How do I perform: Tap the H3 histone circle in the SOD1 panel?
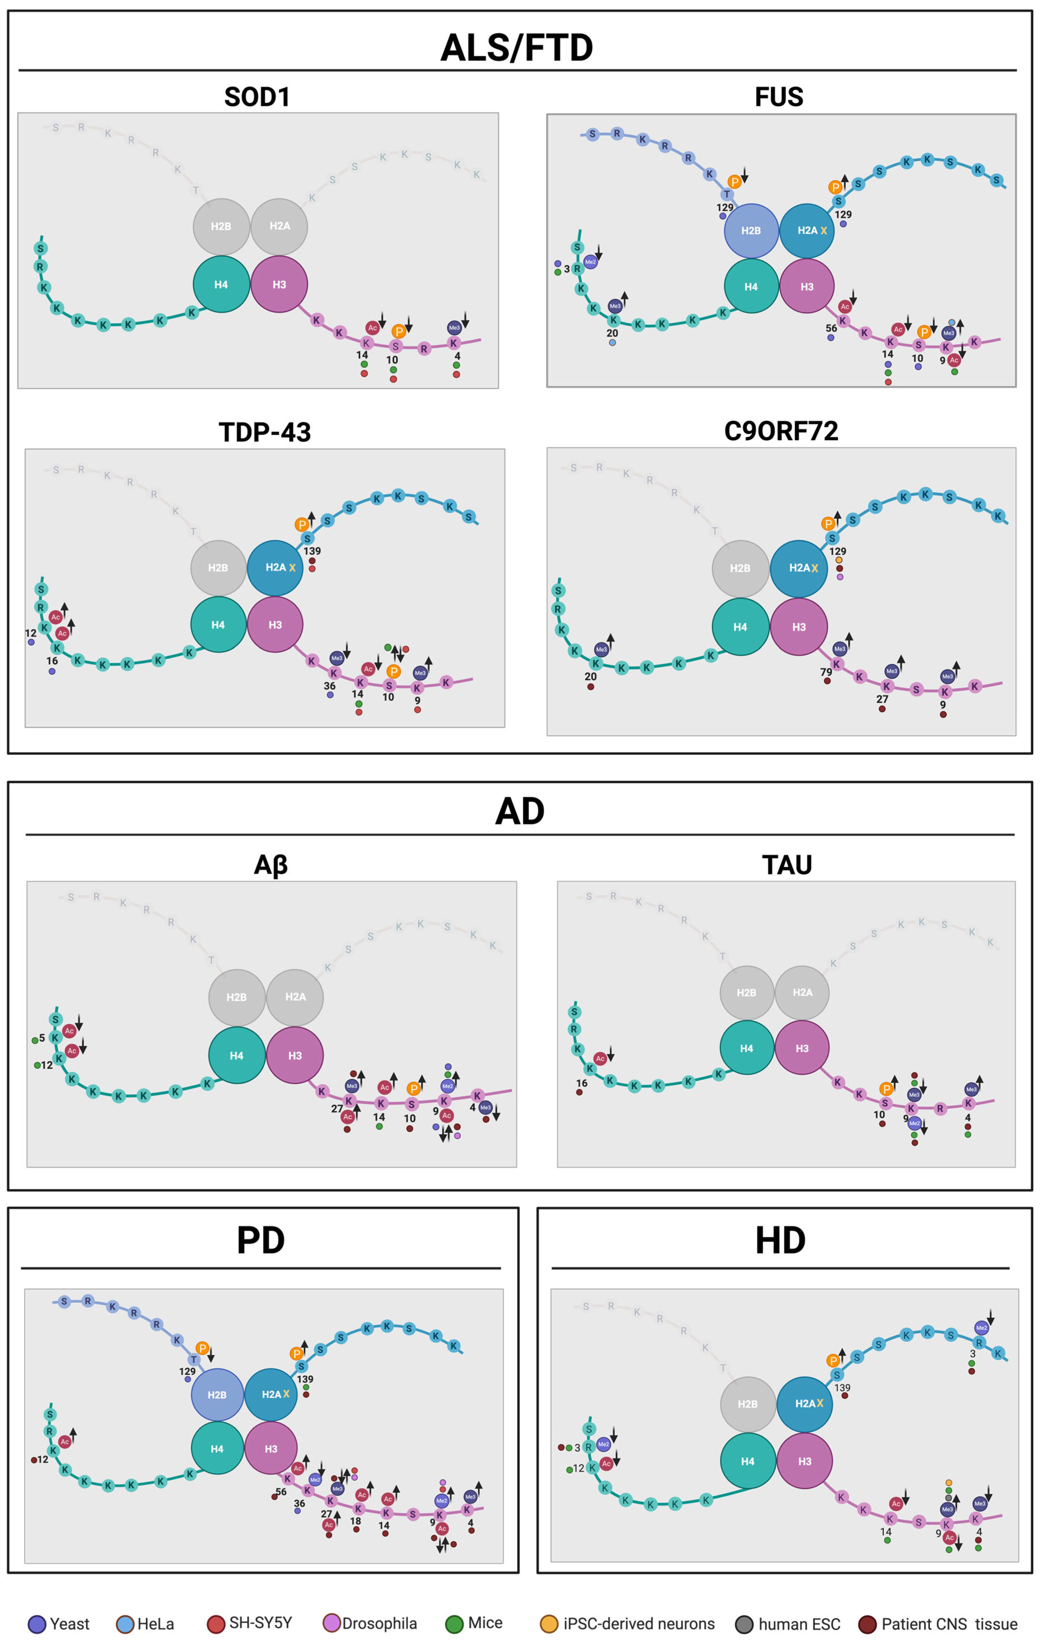(279, 284)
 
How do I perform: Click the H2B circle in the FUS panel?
(751, 231)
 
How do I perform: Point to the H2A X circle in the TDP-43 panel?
(275, 567)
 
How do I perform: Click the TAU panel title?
(787, 865)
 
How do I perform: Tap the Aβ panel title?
(271, 865)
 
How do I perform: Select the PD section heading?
(260, 1240)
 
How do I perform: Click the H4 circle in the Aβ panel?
(237, 1056)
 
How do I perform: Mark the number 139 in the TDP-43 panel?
(312, 551)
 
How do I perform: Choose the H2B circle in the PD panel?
(217, 1394)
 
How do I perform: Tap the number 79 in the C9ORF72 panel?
(826, 672)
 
